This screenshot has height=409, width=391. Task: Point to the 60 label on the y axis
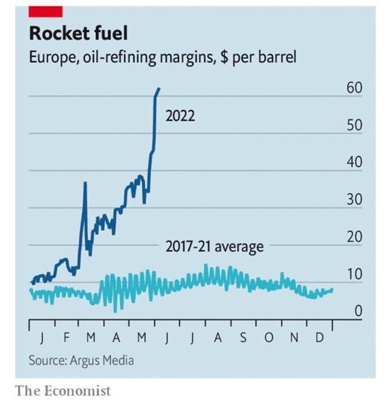click(355, 88)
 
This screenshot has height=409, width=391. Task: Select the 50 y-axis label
click(355, 125)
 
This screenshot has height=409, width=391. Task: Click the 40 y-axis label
click(355, 162)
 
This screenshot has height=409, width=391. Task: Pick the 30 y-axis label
click(355, 200)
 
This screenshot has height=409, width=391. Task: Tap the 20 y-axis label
click(355, 238)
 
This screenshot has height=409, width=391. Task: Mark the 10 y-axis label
click(355, 275)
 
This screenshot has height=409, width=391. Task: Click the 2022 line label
click(180, 116)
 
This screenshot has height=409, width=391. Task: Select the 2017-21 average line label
click(214, 247)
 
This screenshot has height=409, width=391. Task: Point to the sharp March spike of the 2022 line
click(85, 183)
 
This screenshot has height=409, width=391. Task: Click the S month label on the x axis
click(243, 339)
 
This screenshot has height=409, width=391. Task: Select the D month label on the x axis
click(319, 339)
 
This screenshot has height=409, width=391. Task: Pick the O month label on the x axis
click(269, 339)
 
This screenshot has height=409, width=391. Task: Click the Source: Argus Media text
click(81, 361)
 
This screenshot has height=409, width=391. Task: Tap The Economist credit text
click(63, 391)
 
